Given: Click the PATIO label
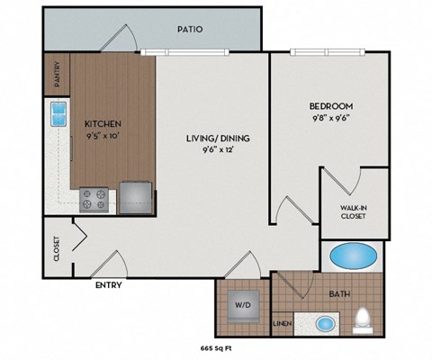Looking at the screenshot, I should pyautogui.click(x=190, y=29).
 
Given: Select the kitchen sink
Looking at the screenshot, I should pyautogui.click(x=58, y=115).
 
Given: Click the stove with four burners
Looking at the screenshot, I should pyautogui.click(x=94, y=198).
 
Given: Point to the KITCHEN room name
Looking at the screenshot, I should pyautogui.click(x=103, y=123).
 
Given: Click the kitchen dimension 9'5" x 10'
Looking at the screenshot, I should pyautogui.click(x=103, y=136).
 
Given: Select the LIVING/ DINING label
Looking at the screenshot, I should pyautogui.click(x=217, y=138).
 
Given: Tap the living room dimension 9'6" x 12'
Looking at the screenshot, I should pyautogui.click(x=217, y=150).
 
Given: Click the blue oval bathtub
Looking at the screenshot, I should pyautogui.click(x=355, y=256).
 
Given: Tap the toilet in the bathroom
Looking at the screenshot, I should pyautogui.click(x=362, y=319).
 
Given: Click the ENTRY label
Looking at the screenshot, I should pyautogui.click(x=109, y=286).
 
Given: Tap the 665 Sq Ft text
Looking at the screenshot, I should pyautogui.click(x=217, y=346).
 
